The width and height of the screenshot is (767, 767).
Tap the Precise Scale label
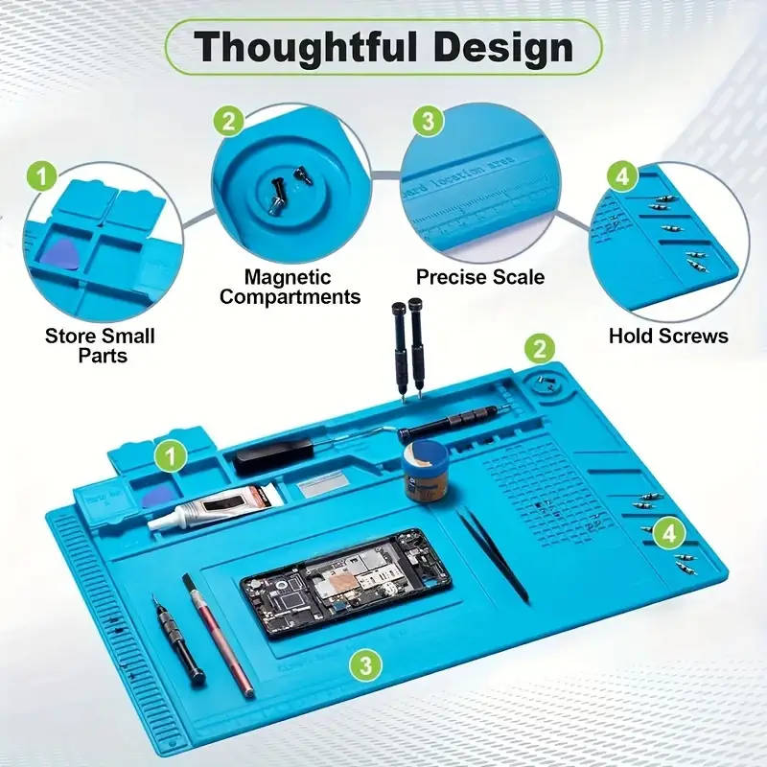[480, 277]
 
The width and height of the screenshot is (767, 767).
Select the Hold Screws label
[668, 336]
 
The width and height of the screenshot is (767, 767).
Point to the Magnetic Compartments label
[290, 287]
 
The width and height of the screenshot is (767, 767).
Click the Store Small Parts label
[100, 345]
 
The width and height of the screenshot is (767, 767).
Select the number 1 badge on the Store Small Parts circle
[41, 176]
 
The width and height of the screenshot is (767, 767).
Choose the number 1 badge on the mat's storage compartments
[170, 455]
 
